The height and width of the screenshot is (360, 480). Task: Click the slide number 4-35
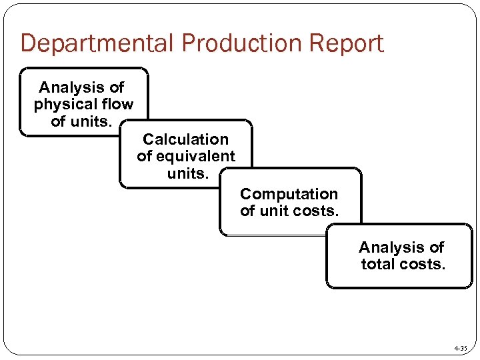click(x=460, y=349)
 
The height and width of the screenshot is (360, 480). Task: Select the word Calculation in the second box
click(x=185, y=139)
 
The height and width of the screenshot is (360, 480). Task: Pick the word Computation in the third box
click(x=289, y=194)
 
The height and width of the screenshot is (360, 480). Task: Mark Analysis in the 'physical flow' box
click(x=72, y=87)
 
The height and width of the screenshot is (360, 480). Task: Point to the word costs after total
click(x=423, y=264)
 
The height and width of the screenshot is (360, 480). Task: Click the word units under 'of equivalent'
click(x=188, y=173)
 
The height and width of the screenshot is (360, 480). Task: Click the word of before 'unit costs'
click(x=247, y=211)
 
